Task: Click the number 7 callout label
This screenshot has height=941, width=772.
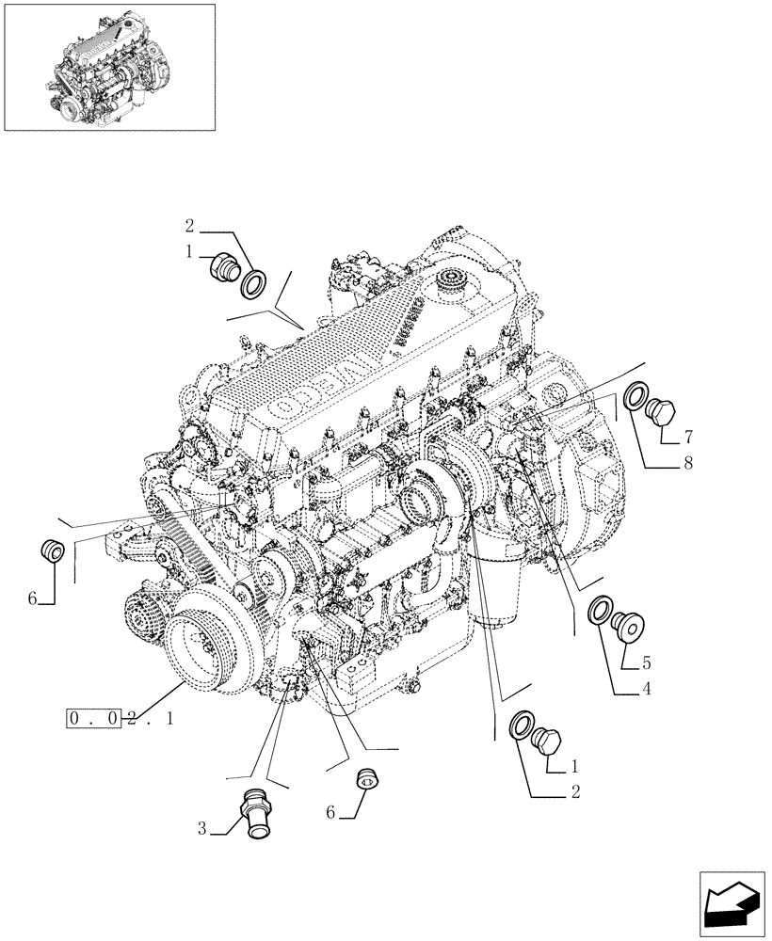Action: tap(688, 437)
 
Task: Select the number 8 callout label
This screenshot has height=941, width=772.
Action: tap(688, 463)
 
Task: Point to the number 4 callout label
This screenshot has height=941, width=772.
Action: tap(646, 689)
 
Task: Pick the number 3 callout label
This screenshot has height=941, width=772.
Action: tap(201, 829)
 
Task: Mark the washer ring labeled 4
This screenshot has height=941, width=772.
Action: tap(599, 613)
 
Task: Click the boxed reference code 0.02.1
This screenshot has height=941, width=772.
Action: tap(120, 720)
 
